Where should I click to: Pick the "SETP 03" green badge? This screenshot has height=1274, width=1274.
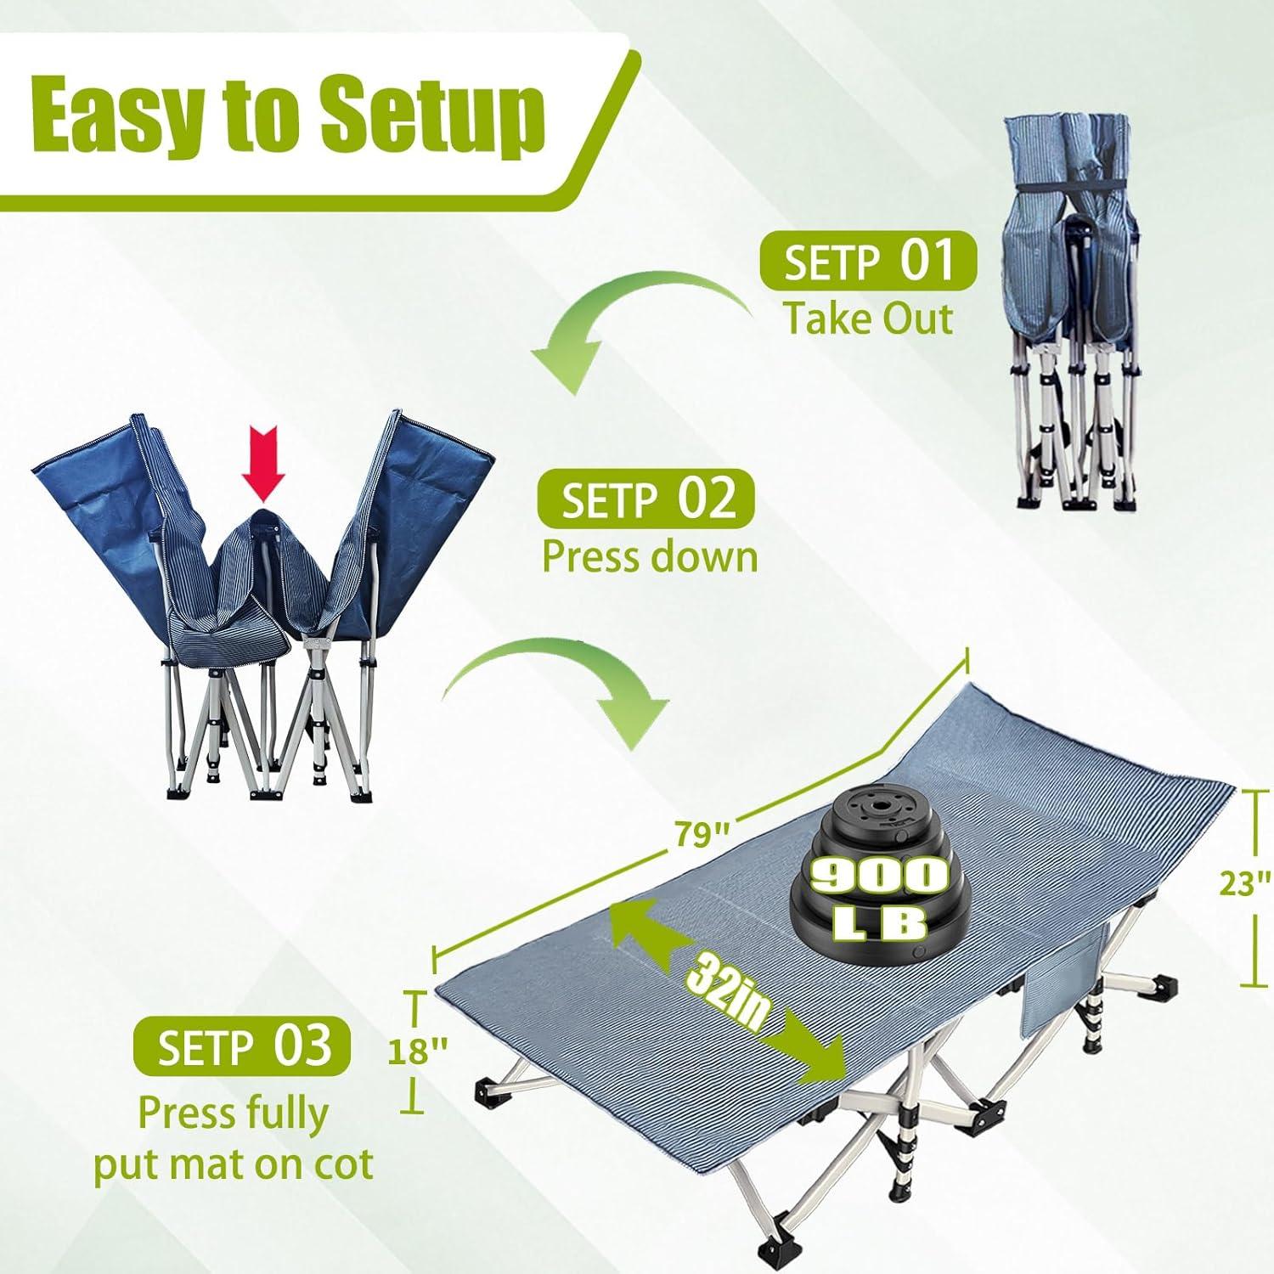[244, 1046]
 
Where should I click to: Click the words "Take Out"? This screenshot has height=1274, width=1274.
[867, 319]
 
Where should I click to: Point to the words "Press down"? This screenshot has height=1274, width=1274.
[650, 557]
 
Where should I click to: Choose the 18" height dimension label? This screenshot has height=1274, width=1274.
[417, 1051]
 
